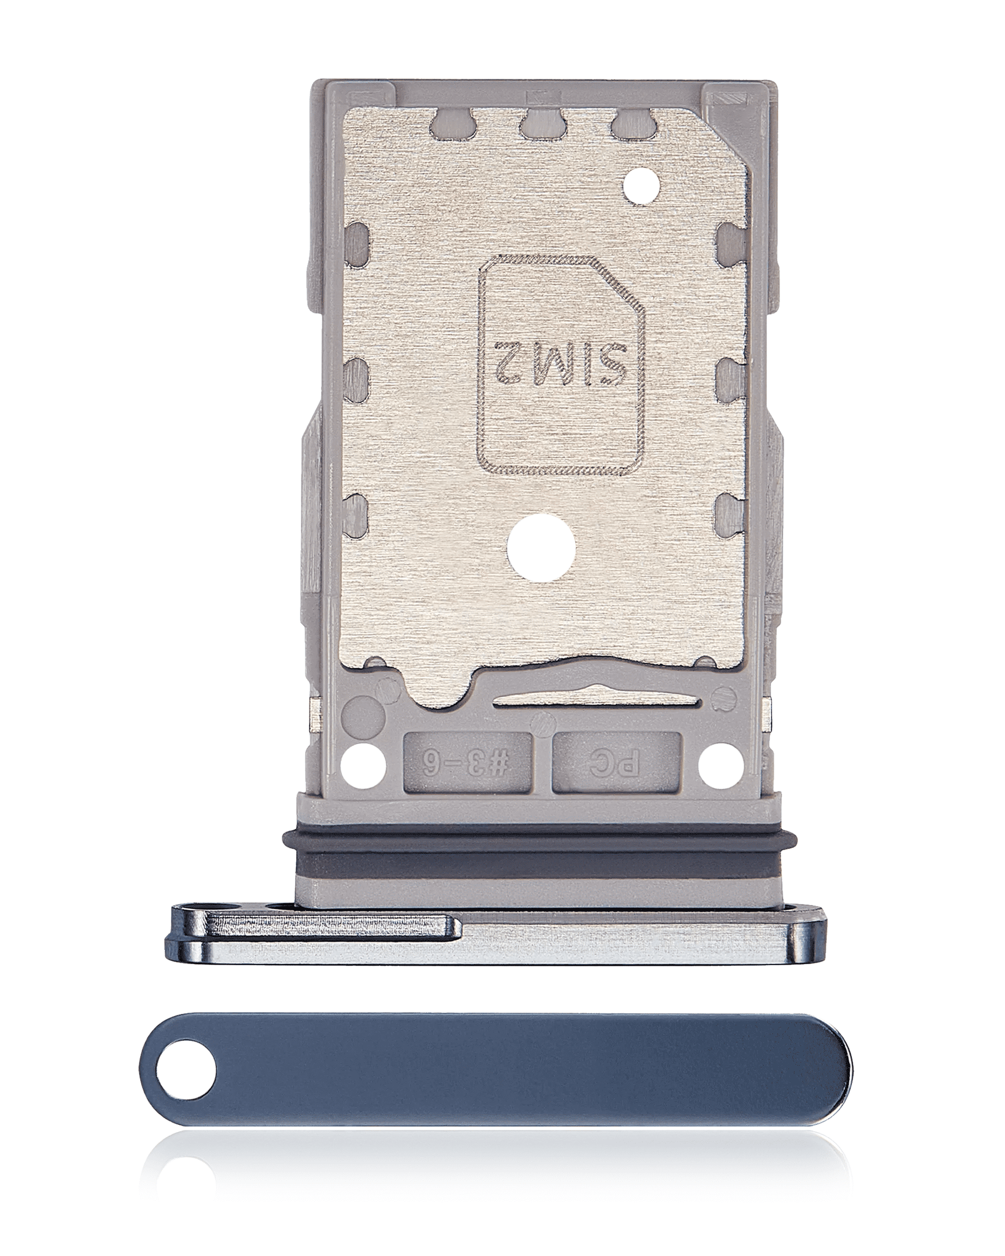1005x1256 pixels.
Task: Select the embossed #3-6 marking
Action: point(467,763)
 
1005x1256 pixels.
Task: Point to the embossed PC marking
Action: point(616,763)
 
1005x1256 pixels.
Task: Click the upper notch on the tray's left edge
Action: point(356,239)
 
